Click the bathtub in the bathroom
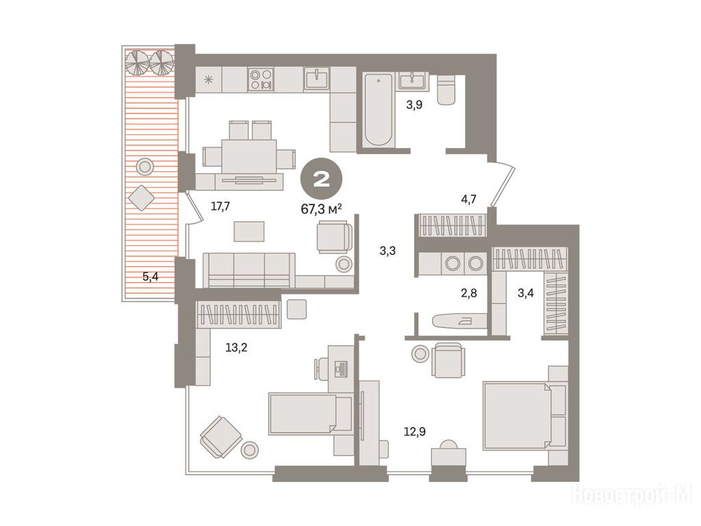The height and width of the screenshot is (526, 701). click(x=378, y=110)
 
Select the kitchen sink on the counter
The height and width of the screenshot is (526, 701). click(x=318, y=79)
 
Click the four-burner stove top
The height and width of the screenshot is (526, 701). click(x=261, y=79)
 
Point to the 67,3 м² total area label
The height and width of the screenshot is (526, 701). click(x=322, y=208)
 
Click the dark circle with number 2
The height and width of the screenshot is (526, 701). click(x=322, y=180)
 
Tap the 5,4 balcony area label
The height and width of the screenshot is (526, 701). click(x=150, y=277)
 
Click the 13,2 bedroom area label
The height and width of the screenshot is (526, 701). click(x=236, y=347)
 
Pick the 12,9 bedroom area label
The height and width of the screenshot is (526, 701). click(x=415, y=431)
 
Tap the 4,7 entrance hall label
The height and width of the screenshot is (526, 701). click(x=468, y=199)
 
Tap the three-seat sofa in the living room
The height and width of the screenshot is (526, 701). click(x=249, y=270)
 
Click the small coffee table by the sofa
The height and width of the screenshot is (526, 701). click(x=249, y=231)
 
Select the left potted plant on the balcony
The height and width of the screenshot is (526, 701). click(x=137, y=62)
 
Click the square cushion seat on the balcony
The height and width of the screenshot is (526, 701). click(x=142, y=197)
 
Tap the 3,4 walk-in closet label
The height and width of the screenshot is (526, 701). click(x=525, y=293)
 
